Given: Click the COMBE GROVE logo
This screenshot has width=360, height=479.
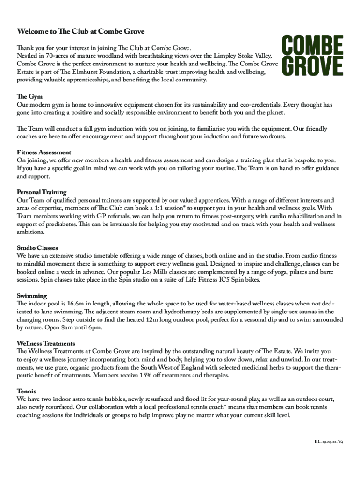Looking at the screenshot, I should click(x=312, y=56).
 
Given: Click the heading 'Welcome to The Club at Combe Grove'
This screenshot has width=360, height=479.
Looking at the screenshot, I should click(x=81, y=31).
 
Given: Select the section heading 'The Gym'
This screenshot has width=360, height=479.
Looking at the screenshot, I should click(x=29, y=96).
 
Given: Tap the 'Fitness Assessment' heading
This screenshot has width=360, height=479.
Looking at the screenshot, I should click(x=44, y=152).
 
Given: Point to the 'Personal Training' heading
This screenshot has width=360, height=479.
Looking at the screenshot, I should click(x=42, y=192).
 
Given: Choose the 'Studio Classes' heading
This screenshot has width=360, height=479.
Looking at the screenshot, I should click(x=37, y=248).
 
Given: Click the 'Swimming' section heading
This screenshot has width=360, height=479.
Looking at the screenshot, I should click(x=32, y=296).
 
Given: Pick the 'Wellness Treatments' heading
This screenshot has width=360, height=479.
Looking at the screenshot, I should click(x=46, y=343).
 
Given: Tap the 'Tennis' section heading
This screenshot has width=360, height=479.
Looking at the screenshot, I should click(x=27, y=391).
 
